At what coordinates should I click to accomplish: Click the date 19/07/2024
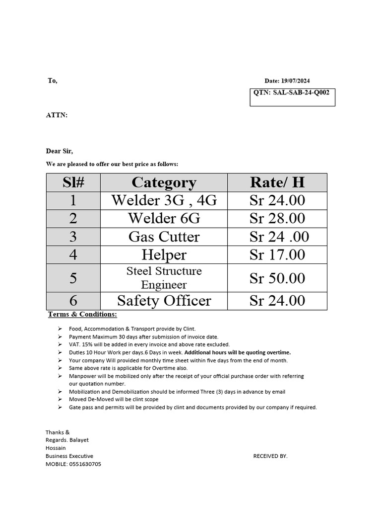[x=296, y=81]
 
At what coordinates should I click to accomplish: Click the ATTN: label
[x=57, y=115]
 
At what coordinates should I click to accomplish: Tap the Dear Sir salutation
[x=60, y=151]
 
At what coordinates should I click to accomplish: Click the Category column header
[x=164, y=182]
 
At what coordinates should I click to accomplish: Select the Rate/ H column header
[x=277, y=182]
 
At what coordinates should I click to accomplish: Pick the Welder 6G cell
[x=164, y=218]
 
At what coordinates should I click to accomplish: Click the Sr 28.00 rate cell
[x=277, y=218]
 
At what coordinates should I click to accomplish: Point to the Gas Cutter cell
[x=164, y=237]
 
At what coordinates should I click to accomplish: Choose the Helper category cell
[x=164, y=255]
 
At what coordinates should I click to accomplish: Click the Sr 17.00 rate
[x=277, y=255]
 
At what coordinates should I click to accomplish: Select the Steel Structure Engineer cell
[x=164, y=278]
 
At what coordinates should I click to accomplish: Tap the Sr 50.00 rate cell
[x=277, y=278]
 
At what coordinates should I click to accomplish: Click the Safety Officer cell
[x=164, y=301]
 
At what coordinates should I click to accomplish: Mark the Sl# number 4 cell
[x=73, y=255]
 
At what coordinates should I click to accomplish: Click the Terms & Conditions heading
[x=82, y=314]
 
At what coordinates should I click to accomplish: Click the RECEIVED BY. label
[x=270, y=456]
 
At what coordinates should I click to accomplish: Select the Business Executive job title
[x=69, y=456]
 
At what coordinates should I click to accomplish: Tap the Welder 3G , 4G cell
[x=164, y=200]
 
